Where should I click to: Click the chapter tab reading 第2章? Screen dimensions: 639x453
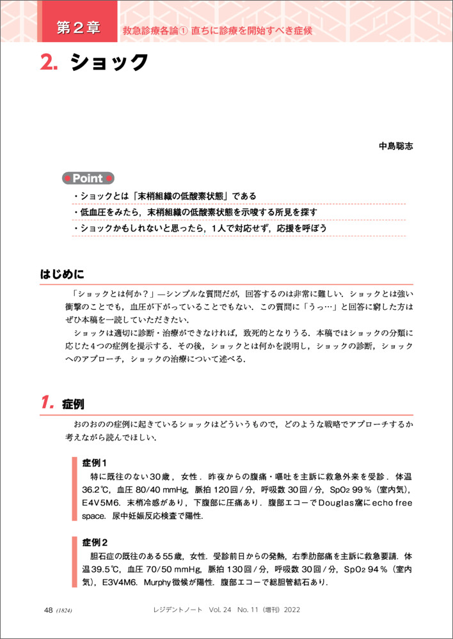coord(77,28)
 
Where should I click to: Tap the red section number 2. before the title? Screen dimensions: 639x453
coord(49,63)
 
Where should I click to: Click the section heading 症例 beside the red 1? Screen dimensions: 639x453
coord(73,404)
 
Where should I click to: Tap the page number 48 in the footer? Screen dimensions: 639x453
coord(48,610)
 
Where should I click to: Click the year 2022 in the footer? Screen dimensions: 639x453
coord(290,610)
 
